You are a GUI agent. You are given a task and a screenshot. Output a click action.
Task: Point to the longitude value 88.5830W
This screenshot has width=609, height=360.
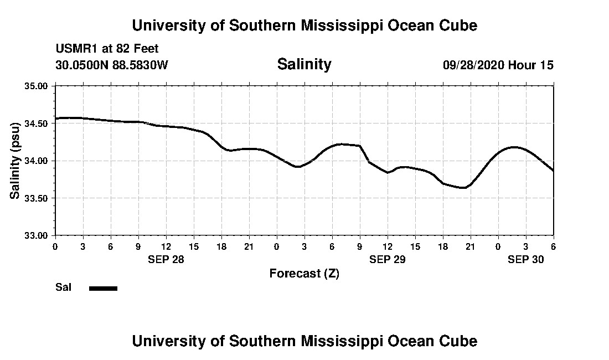tap(141, 65)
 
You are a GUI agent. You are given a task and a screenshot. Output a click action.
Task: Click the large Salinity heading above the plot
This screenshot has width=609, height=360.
tap(304, 64)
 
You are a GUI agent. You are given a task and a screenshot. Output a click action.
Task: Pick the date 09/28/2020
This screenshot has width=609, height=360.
tap(473, 65)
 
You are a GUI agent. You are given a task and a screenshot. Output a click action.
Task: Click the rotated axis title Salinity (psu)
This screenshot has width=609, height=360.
tap(16, 161)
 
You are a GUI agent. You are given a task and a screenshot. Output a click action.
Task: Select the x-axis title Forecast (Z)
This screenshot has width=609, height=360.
tap(304, 273)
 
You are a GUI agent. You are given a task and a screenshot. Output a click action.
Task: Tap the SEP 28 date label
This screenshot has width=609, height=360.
tap(166, 259)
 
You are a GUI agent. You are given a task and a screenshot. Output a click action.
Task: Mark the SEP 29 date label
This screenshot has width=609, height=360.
tap(387, 259)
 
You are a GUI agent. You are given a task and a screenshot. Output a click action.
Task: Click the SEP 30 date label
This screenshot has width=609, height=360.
tap(525, 259)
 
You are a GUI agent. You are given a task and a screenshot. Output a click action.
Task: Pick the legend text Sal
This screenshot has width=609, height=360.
tap(63, 287)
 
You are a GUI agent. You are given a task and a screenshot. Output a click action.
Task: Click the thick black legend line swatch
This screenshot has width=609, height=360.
tap(103, 288)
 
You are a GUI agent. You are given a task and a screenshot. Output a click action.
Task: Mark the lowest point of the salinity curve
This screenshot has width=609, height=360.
tap(463, 188)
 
